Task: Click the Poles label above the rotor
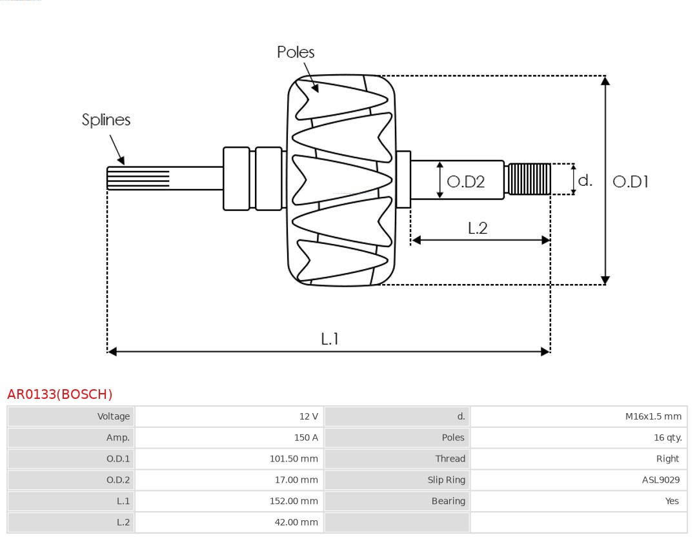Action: pyautogui.click(x=296, y=52)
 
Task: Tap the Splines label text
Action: pyautogui.click(x=106, y=120)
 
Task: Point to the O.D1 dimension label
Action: pyautogui.click(x=630, y=182)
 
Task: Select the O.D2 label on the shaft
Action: pyautogui.click(x=465, y=182)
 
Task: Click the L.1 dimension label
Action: pyautogui.click(x=330, y=338)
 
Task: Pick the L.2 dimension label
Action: pyautogui.click(x=477, y=228)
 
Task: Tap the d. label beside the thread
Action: pyautogui.click(x=585, y=180)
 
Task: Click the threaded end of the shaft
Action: pyautogui.click(x=529, y=179)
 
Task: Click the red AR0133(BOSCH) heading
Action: pyautogui.click(x=60, y=394)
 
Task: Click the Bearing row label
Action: pyautogui.click(x=448, y=501)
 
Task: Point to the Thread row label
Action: pyautogui.click(x=450, y=459)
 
